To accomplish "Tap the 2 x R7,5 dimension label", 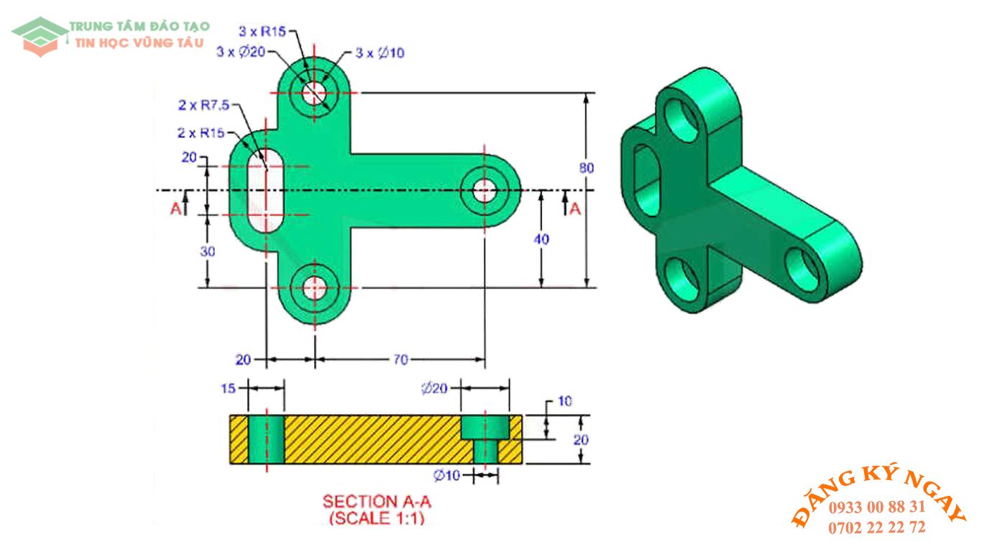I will tap(203, 105).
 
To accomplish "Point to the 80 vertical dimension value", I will tap(587, 167).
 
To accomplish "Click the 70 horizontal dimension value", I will tap(400, 359).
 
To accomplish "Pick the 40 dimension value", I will tap(541, 239).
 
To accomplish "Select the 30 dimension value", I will tap(207, 252).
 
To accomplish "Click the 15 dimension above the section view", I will tap(228, 388).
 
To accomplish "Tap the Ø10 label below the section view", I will tap(446, 474).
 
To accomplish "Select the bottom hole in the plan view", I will tap(313, 288).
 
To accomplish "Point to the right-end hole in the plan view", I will tap(485, 190).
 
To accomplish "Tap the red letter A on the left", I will tap(175, 208).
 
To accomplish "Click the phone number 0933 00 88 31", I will tap(876, 507).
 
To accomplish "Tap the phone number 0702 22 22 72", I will tap(876, 528).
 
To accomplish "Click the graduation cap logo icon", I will tap(40, 34).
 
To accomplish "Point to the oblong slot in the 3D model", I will tap(646, 180).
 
